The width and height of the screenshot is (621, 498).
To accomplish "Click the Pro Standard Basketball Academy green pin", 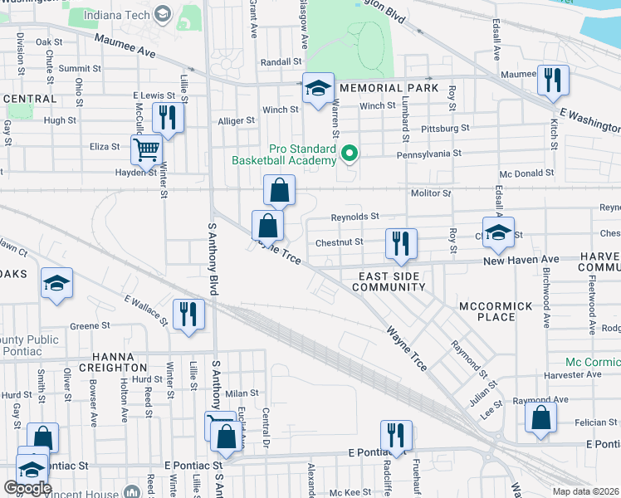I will [350, 153].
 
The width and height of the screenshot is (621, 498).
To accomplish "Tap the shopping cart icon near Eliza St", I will [146, 150].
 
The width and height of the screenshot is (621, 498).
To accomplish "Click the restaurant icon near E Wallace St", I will [188, 315].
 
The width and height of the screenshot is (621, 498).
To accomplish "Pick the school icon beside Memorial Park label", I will [318, 90].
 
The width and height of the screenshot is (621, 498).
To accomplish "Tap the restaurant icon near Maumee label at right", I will [552, 81].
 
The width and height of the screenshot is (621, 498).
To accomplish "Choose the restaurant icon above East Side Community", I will [401, 243].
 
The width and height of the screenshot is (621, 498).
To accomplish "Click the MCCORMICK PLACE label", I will [496, 312].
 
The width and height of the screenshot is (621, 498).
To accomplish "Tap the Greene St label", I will [90, 326].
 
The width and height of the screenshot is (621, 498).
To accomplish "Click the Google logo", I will [28, 488].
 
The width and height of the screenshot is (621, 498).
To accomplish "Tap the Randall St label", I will [281, 62].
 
